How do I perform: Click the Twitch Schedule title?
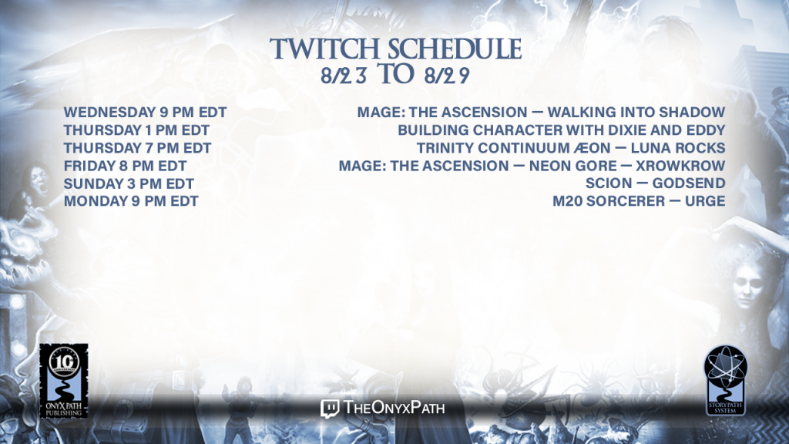tap(395, 49)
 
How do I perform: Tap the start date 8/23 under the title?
tap(344, 76)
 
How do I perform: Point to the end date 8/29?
tap(447, 76)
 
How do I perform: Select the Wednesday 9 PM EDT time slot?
tap(145, 113)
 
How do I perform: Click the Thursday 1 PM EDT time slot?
tap(136, 130)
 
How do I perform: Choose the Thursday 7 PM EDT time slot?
tap(137, 148)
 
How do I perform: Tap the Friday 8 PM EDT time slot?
tap(125, 166)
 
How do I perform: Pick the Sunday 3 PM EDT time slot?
tap(129, 183)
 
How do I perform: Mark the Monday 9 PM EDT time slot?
tap(131, 201)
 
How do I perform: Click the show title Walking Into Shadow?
tap(636, 113)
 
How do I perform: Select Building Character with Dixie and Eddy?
tap(562, 130)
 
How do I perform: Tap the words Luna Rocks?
tap(678, 148)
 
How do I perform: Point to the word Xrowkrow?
tap(680, 166)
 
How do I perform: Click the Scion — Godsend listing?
tap(655, 183)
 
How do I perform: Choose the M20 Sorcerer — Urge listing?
tap(639, 201)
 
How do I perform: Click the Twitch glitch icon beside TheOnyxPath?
tap(330, 409)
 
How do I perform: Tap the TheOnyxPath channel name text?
tap(394, 408)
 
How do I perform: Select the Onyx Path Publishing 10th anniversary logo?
tap(64, 381)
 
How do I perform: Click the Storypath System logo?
tap(725, 381)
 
